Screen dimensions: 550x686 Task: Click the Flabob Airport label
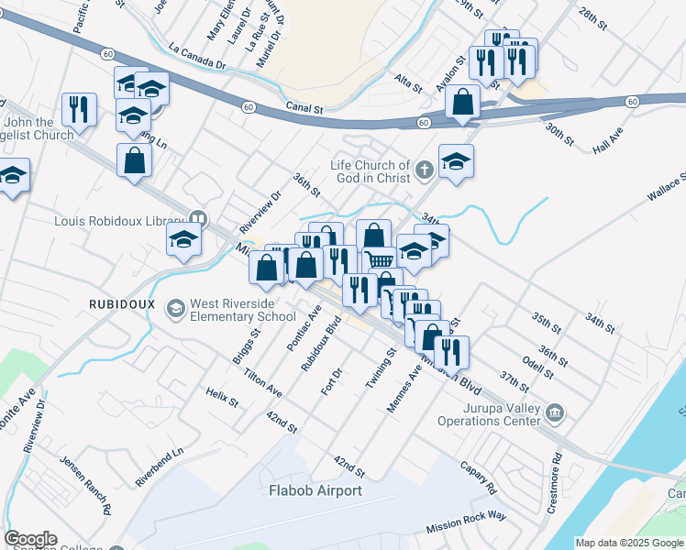[315, 490]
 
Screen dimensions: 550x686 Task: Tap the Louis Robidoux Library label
[119, 220]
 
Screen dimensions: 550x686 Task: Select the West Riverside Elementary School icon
[175, 310]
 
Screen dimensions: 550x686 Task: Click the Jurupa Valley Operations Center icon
[554, 413]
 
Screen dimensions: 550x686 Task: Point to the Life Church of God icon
[424, 170]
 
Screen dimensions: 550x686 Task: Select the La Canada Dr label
[197, 55]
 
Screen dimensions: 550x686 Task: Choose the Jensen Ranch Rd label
[85, 485]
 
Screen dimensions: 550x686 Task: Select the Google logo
[30, 539]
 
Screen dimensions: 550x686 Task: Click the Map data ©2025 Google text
[629, 543]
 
